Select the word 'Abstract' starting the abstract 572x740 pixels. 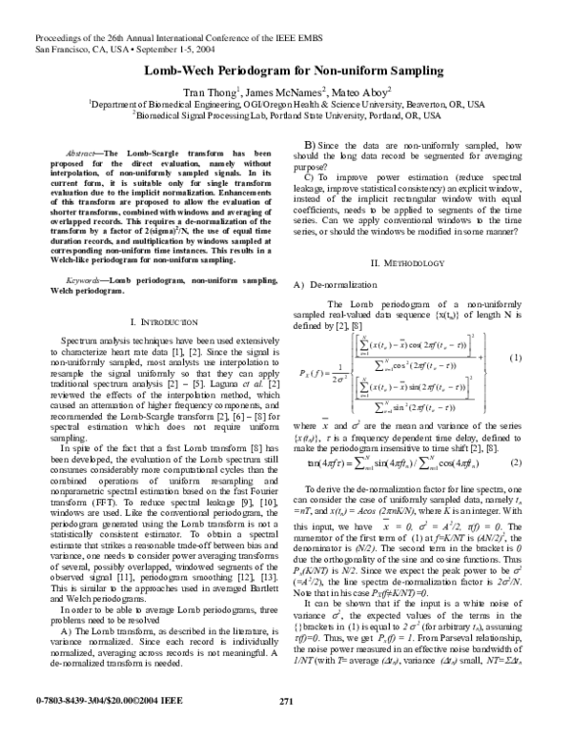[80, 153]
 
